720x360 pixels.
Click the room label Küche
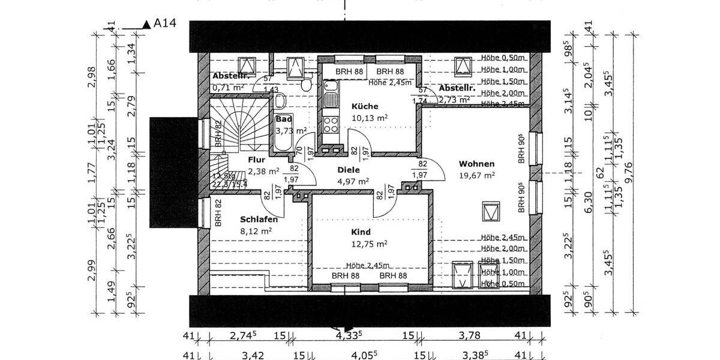point(365,106)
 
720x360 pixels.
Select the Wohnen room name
point(476,164)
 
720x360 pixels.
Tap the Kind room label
point(361,232)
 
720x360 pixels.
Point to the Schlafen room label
point(259,219)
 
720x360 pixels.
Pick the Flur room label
point(256,160)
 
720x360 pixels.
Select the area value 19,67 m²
point(476,175)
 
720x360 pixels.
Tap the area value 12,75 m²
point(369,243)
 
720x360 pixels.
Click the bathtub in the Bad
point(283,143)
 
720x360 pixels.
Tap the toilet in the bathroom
point(306,85)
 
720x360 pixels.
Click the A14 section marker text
point(165,23)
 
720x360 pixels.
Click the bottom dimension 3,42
point(249,356)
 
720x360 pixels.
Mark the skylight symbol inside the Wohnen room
point(491,211)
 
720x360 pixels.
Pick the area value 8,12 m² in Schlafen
point(259,230)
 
